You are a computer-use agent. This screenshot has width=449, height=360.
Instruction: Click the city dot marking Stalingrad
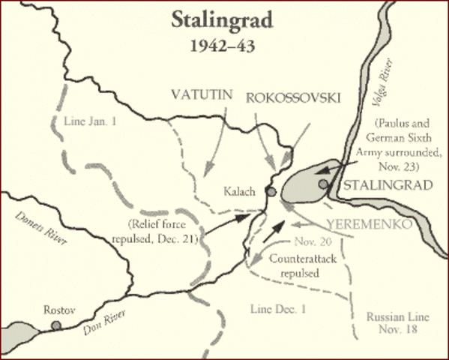(323, 184)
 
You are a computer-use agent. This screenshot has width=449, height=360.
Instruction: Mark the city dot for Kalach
(271, 192)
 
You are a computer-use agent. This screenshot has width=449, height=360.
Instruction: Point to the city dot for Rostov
(56, 325)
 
